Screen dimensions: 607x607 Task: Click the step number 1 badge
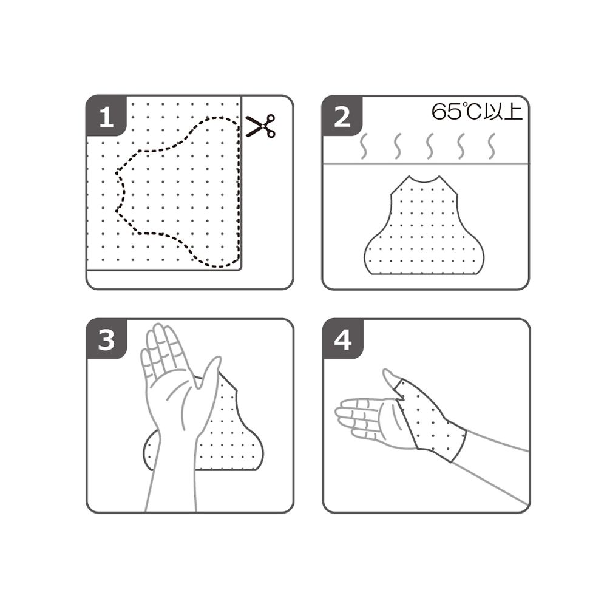point(106,116)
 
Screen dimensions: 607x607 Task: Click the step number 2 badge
point(342,116)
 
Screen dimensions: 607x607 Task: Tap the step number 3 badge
point(106,339)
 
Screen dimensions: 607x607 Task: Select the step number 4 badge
point(342,339)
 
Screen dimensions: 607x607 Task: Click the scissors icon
point(260,126)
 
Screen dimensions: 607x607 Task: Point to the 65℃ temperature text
point(456,111)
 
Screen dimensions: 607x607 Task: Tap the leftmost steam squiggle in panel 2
point(364,146)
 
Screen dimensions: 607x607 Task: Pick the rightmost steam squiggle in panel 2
point(492,146)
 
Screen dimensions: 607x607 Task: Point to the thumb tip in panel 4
point(386,371)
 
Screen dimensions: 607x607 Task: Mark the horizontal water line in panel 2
point(426,164)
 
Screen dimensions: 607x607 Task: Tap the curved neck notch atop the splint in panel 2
point(424,180)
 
